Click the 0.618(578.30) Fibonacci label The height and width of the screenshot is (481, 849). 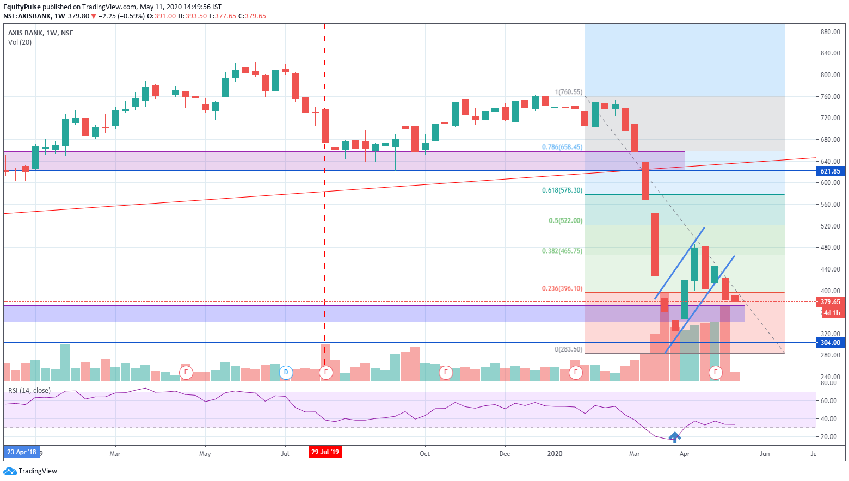tap(562, 190)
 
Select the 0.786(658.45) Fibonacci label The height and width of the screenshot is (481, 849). tap(562, 147)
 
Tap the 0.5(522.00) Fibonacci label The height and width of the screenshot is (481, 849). tap(565, 221)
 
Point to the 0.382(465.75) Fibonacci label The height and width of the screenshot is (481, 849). tap(562, 251)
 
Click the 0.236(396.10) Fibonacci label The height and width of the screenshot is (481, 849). tap(562, 289)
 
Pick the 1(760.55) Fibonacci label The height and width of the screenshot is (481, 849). tap(568, 92)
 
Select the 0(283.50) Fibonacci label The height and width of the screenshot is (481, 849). tap(568, 349)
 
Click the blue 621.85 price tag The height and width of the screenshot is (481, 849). tap(830, 171)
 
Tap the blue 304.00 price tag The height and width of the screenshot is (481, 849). tap(830, 343)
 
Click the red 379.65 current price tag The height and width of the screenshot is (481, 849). tap(830, 302)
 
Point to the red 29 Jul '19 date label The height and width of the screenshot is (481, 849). tap(325, 452)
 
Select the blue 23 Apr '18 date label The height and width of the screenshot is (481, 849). tap(22, 452)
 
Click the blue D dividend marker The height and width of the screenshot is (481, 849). tap(286, 373)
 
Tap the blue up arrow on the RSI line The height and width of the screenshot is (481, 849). tap(675, 436)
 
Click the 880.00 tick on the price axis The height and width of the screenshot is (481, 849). tap(830, 32)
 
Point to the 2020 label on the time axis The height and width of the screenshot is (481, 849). tap(555, 454)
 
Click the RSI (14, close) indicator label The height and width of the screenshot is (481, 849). tap(29, 391)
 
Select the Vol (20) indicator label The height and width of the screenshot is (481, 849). tap(20, 42)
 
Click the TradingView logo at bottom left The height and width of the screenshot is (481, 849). tap(30, 471)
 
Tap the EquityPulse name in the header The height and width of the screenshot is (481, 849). tap(22, 7)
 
